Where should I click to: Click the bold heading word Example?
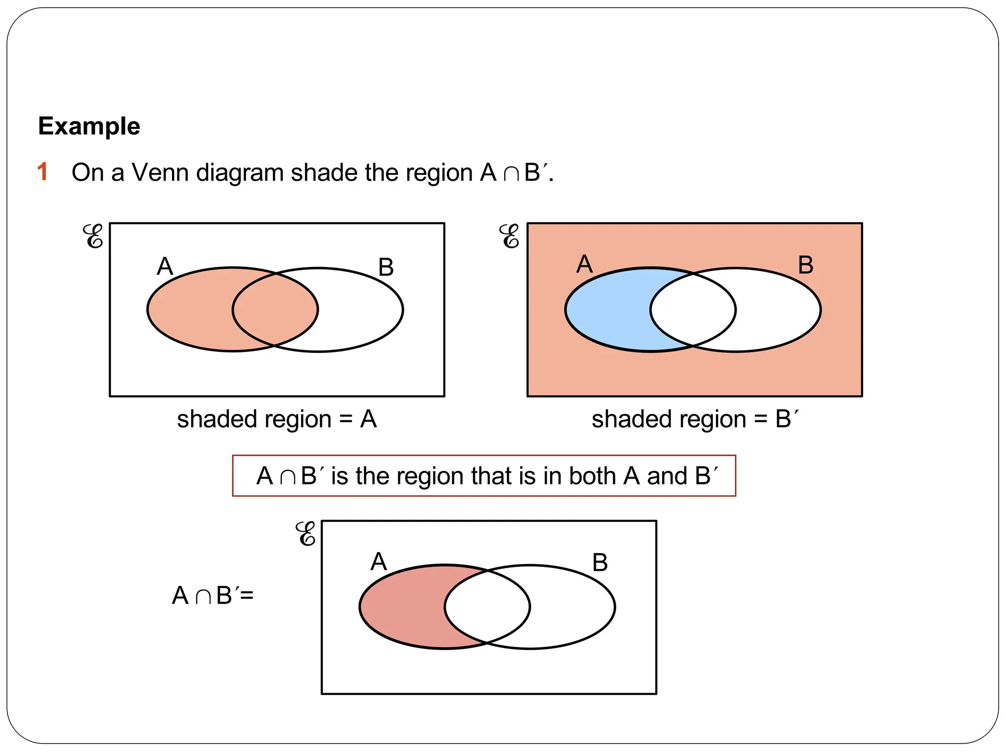point(89,126)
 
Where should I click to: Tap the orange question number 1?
point(43,172)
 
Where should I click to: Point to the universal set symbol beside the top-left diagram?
point(93,237)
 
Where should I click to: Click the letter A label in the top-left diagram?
point(165,267)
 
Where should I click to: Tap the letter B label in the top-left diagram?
point(386,268)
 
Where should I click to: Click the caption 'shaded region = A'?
point(277,419)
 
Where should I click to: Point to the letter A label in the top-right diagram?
point(585,264)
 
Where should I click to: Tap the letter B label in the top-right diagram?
point(806,265)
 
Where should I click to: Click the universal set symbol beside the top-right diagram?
point(509,237)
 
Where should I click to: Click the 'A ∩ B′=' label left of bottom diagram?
point(213,595)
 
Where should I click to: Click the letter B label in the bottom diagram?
point(600,563)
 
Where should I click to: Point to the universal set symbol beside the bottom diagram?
point(306,534)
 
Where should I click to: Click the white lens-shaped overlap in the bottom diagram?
point(487,607)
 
